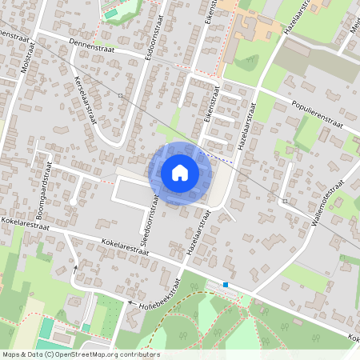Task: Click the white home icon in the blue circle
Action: point(180,173)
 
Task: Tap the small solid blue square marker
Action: point(226,284)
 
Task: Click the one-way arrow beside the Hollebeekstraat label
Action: point(130,302)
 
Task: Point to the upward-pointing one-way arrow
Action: point(76,268)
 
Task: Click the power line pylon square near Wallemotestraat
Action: point(285,201)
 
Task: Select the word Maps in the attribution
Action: point(12,354)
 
